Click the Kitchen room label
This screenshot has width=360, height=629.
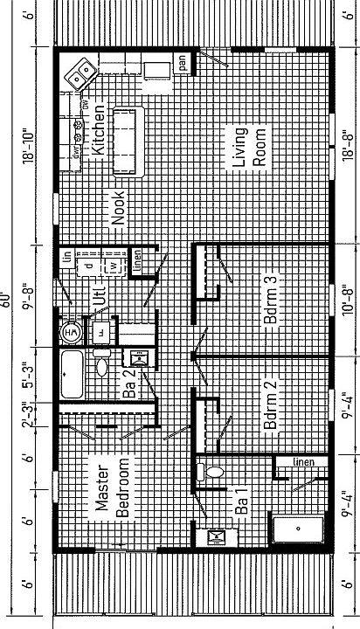(99, 132)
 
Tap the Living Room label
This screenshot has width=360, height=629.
(247, 149)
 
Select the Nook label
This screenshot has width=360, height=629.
(119, 210)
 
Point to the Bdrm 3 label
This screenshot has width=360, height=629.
(271, 301)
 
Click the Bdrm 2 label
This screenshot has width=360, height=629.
(271, 403)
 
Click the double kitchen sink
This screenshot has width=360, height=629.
(81, 73)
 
